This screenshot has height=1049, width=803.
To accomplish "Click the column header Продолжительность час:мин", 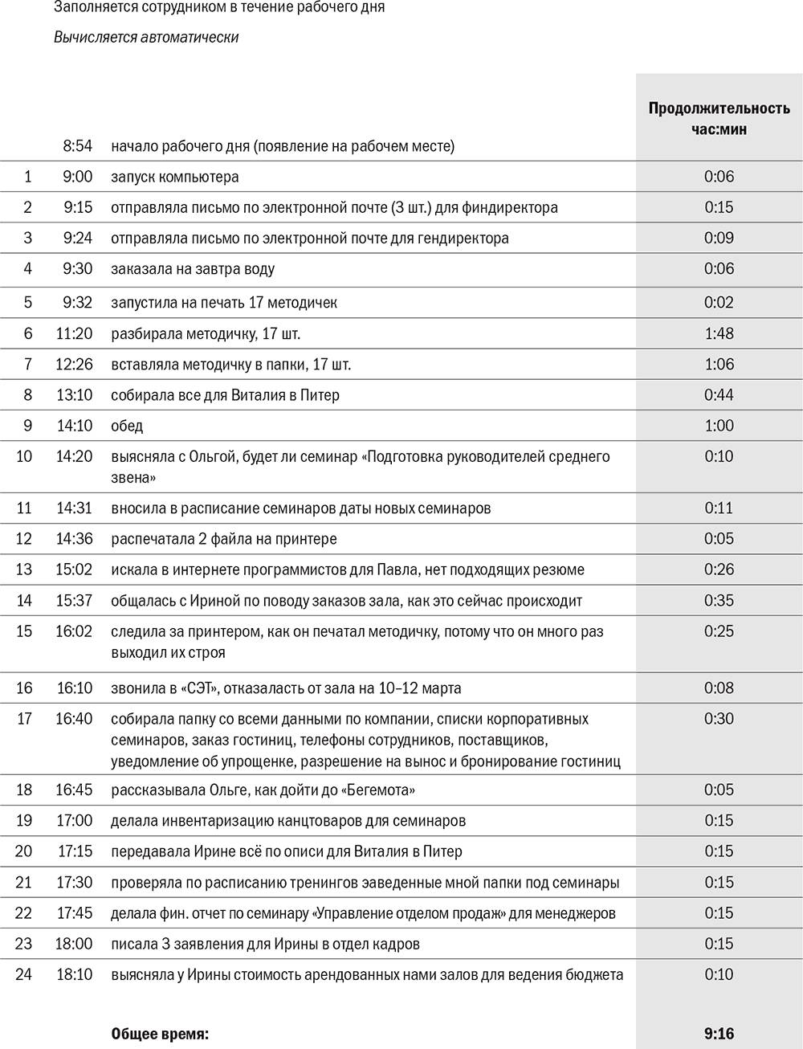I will pos(719,118).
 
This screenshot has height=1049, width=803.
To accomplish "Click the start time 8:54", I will pos(78,146).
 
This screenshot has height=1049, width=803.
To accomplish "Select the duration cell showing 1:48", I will pos(719,333).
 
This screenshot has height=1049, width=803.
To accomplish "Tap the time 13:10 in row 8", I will pos(74,395).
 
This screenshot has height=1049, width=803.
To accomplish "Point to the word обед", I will pos(127,426).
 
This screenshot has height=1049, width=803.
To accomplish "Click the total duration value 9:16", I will pos(719,1034).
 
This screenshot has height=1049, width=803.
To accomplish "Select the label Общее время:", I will pos(160,1035).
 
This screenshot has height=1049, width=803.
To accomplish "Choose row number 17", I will pos(24,719).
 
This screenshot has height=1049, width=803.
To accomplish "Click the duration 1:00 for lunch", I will pos(719,426).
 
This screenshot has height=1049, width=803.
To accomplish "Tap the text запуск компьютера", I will pos(175,177).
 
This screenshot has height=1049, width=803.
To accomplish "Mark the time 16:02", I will pos(74,632).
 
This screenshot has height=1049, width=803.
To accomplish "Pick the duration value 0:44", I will pos(719,395).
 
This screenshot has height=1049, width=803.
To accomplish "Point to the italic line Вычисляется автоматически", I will pos(146,37).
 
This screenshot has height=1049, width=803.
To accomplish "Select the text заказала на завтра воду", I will pos(193,269).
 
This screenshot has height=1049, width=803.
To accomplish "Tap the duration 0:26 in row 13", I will pos(719,570).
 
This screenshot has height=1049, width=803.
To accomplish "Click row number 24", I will pos(24,975).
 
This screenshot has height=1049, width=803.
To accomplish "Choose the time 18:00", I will pos(74,945).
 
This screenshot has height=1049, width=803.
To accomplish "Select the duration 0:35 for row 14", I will pos(719,601).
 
